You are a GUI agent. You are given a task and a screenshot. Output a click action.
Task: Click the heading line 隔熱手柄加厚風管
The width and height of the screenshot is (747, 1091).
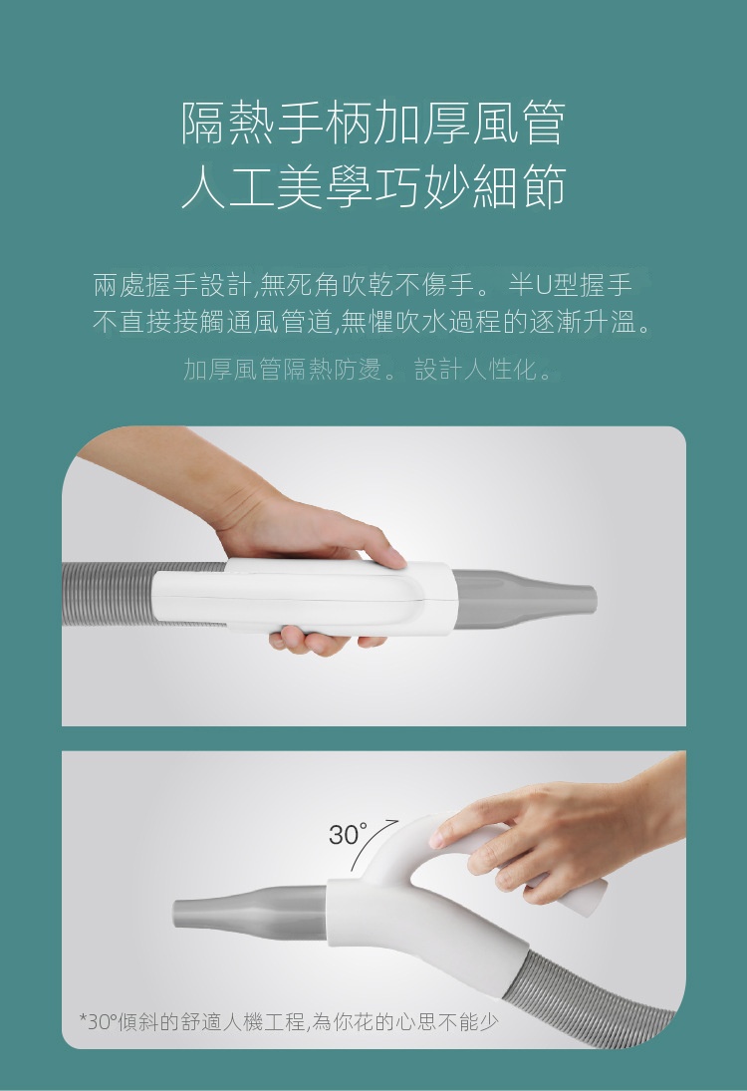(373, 124)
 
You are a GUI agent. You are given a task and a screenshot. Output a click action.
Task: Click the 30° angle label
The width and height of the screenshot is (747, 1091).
(349, 834)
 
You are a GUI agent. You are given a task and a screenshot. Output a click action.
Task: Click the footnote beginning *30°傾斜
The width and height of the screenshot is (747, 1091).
(289, 1021)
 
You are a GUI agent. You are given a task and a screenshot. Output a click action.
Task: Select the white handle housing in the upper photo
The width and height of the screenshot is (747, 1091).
(305, 597)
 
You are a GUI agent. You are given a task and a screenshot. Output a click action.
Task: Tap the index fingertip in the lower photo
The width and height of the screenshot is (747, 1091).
(437, 839)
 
